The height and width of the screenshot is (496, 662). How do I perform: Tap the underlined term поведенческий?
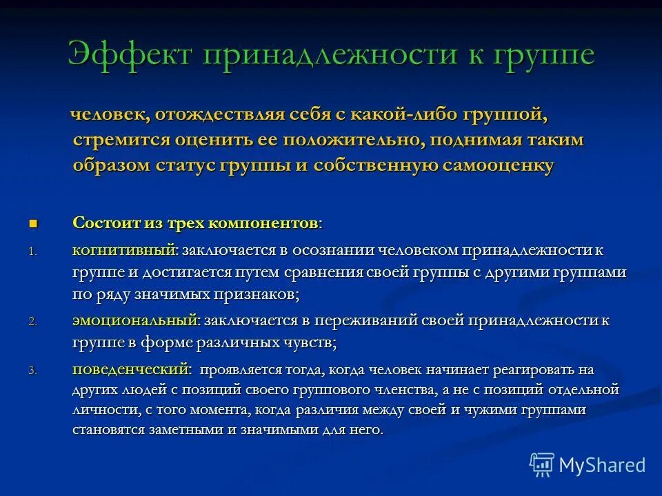[130, 369]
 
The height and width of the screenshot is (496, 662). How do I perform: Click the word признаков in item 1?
[259, 294]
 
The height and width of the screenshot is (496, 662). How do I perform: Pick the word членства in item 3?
[403, 390]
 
